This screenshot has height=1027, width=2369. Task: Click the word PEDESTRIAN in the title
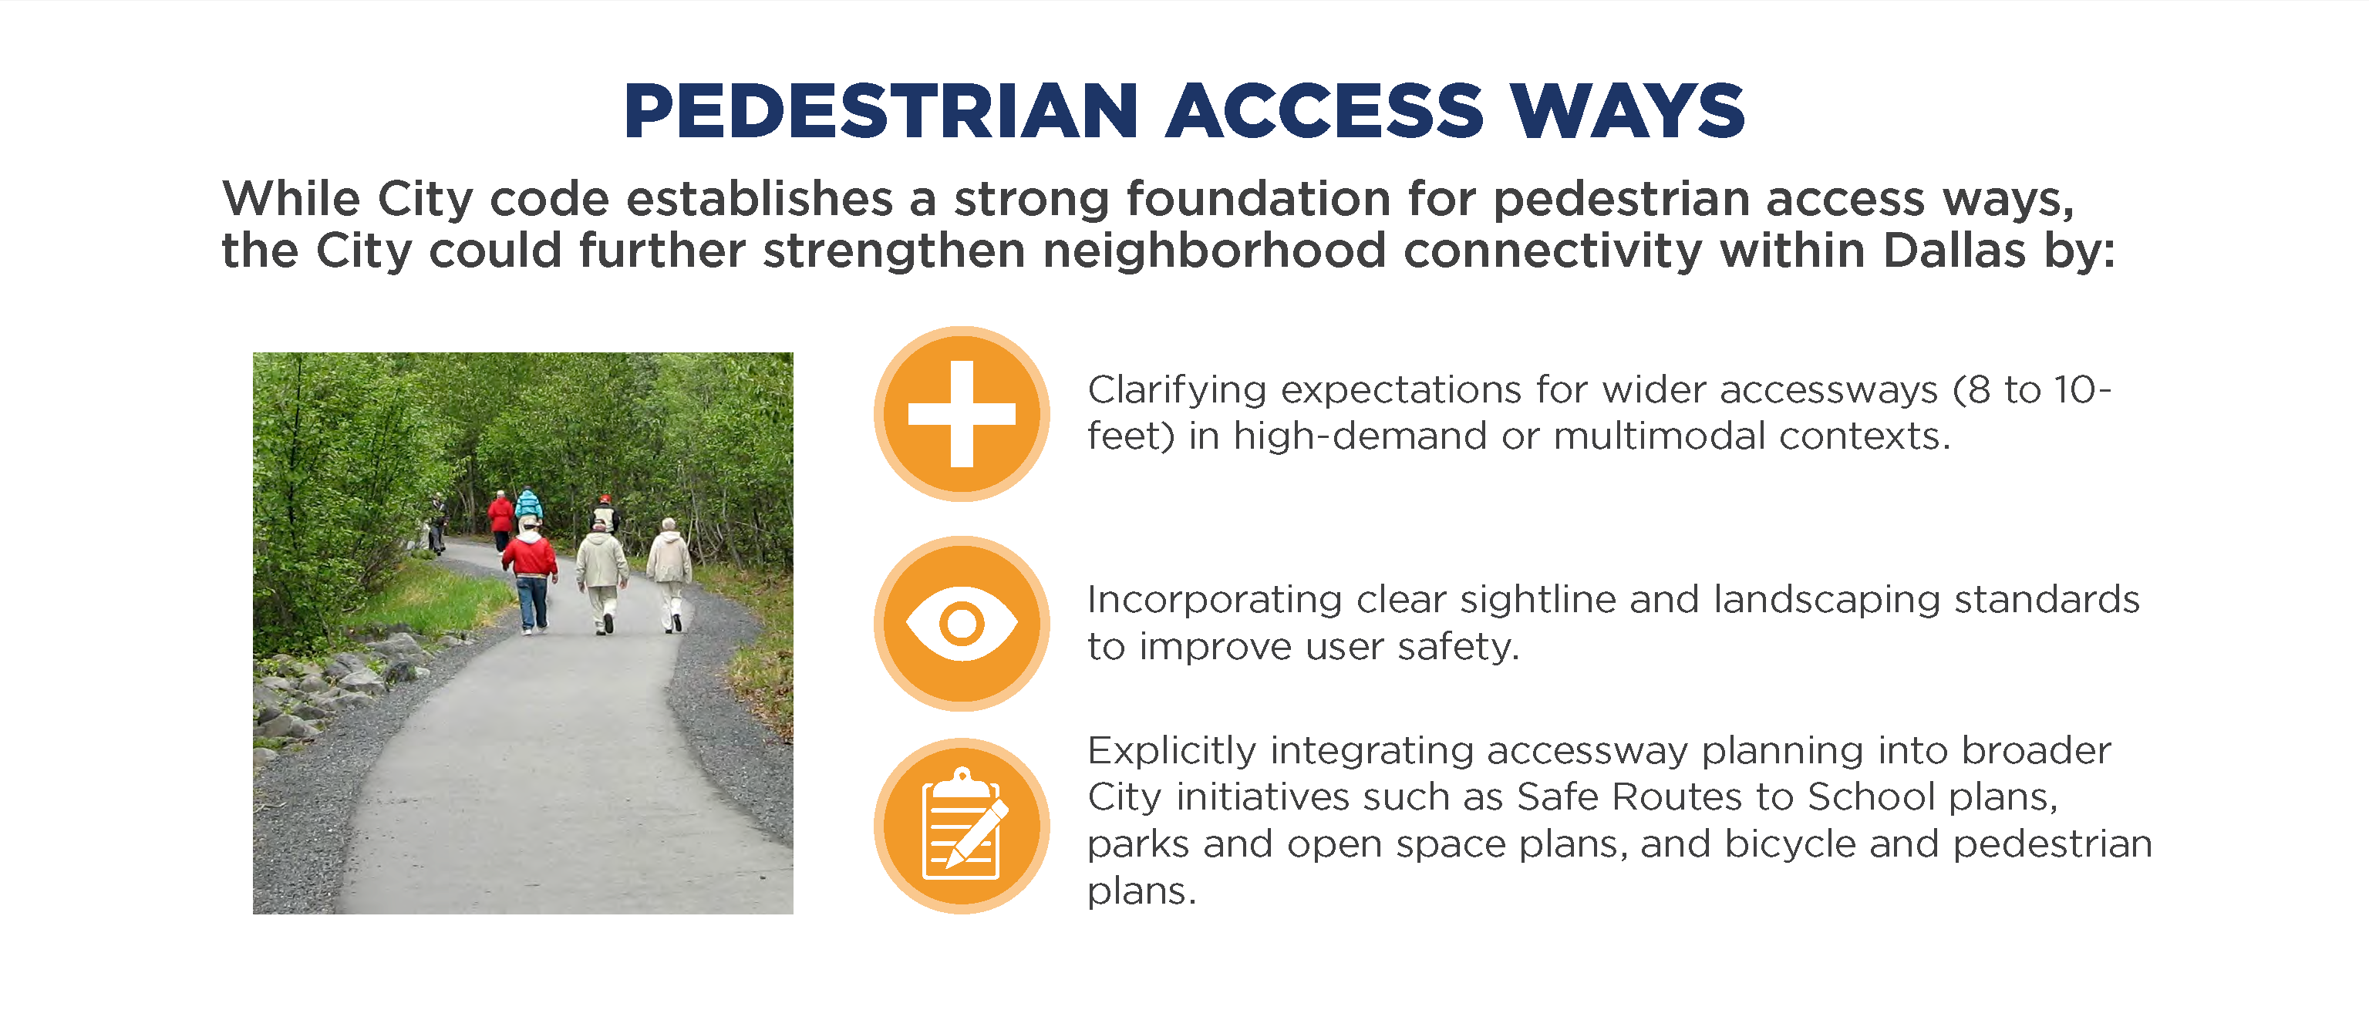pyautogui.click(x=881, y=110)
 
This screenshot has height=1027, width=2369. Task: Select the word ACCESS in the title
pyautogui.click(x=1324, y=110)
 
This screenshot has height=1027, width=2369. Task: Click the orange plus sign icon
pyautogui.click(x=961, y=414)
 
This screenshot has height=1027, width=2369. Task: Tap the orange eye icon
pyautogui.click(x=961, y=624)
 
